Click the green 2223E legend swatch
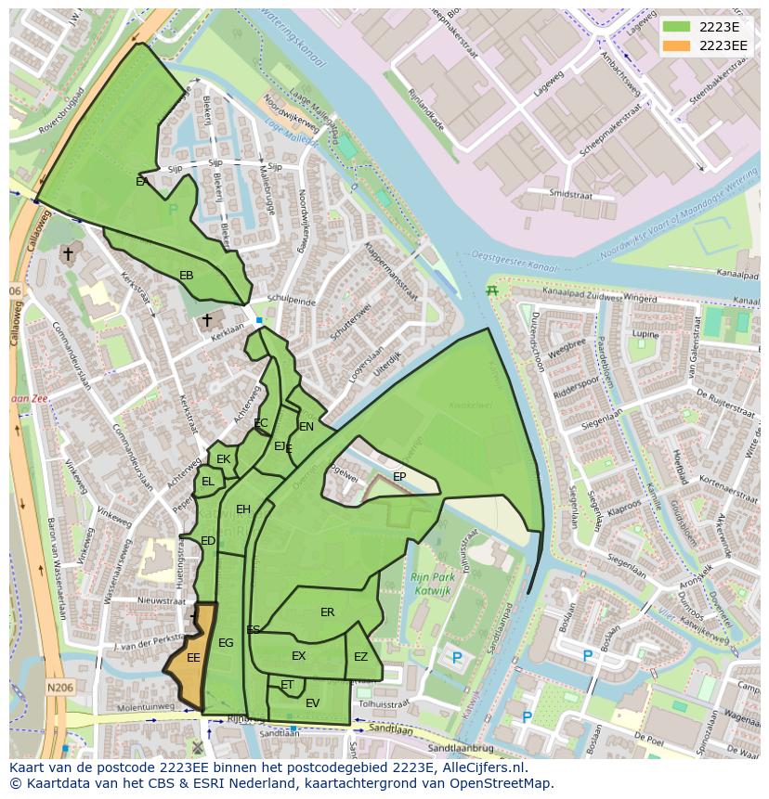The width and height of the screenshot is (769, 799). pyautogui.click(x=676, y=26)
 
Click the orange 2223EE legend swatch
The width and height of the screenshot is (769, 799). pyautogui.click(x=676, y=45)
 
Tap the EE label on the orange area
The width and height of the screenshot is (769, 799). pyautogui.click(x=193, y=658)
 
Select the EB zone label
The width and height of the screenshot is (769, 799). pyautogui.click(x=187, y=276)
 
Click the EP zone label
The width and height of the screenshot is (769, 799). pyautogui.click(x=399, y=477)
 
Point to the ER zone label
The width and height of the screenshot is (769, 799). pyautogui.click(x=327, y=612)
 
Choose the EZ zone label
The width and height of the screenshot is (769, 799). pyautogui.click(x=360, y=657)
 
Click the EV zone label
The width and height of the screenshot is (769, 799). pyautogui.click(x=312, y=703)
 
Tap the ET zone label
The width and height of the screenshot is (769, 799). pyautogui.click(x=287, y=685)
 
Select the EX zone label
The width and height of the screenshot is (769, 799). pyautogui.click(x=298, y=656)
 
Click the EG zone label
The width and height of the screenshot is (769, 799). pyautogui.click(x=226, y=643)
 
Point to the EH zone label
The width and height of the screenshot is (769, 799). pyautogui.click(x=243, y=509)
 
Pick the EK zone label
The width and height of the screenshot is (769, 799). pyautogui.click(x=223, y=459)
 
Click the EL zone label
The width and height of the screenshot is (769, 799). pyautogui.click(x=208, y=482)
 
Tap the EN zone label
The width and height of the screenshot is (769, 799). pyautogui.click(x=306, y=427)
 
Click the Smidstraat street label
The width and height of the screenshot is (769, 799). pyautogui.click(x=568, y=194)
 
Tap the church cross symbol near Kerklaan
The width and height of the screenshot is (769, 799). pyautogui.click(x=207, y=320)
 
